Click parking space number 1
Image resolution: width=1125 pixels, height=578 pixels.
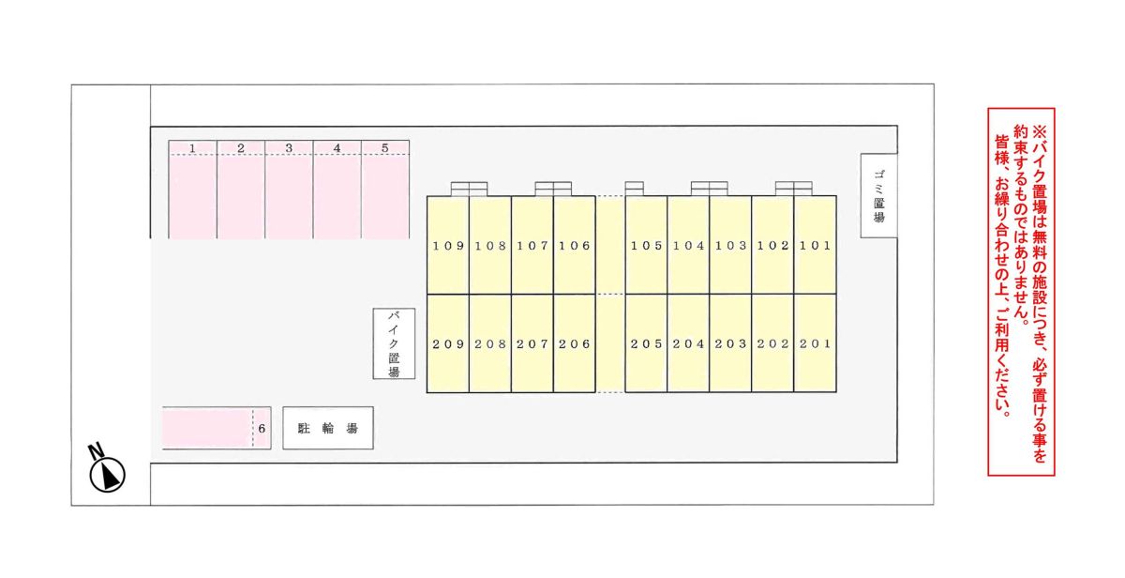pos(193,190)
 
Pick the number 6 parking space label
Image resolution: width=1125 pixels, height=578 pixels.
pos(262,429)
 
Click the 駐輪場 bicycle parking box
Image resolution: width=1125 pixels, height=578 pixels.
pos(328,428)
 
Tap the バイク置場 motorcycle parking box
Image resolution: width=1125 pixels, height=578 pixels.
pos(394,343)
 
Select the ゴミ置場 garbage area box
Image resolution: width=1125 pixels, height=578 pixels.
pos(879,196)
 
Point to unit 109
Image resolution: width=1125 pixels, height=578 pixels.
pos(448,245)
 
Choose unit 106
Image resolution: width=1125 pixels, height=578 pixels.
pos(575,245)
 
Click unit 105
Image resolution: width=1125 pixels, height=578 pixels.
pos(646,245)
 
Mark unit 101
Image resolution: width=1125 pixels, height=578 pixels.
pos(815,245)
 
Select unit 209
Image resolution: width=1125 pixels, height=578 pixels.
pos(448,343)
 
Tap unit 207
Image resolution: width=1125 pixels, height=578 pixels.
pos(532,343)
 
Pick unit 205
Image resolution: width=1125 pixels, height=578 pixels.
pos(646,343)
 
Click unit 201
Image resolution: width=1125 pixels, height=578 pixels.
pos(815,343)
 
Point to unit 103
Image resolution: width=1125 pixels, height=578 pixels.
pos(730,245)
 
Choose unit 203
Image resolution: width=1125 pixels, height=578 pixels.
pos(730,343)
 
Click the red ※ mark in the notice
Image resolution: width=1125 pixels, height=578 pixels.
pos(1040,132)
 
